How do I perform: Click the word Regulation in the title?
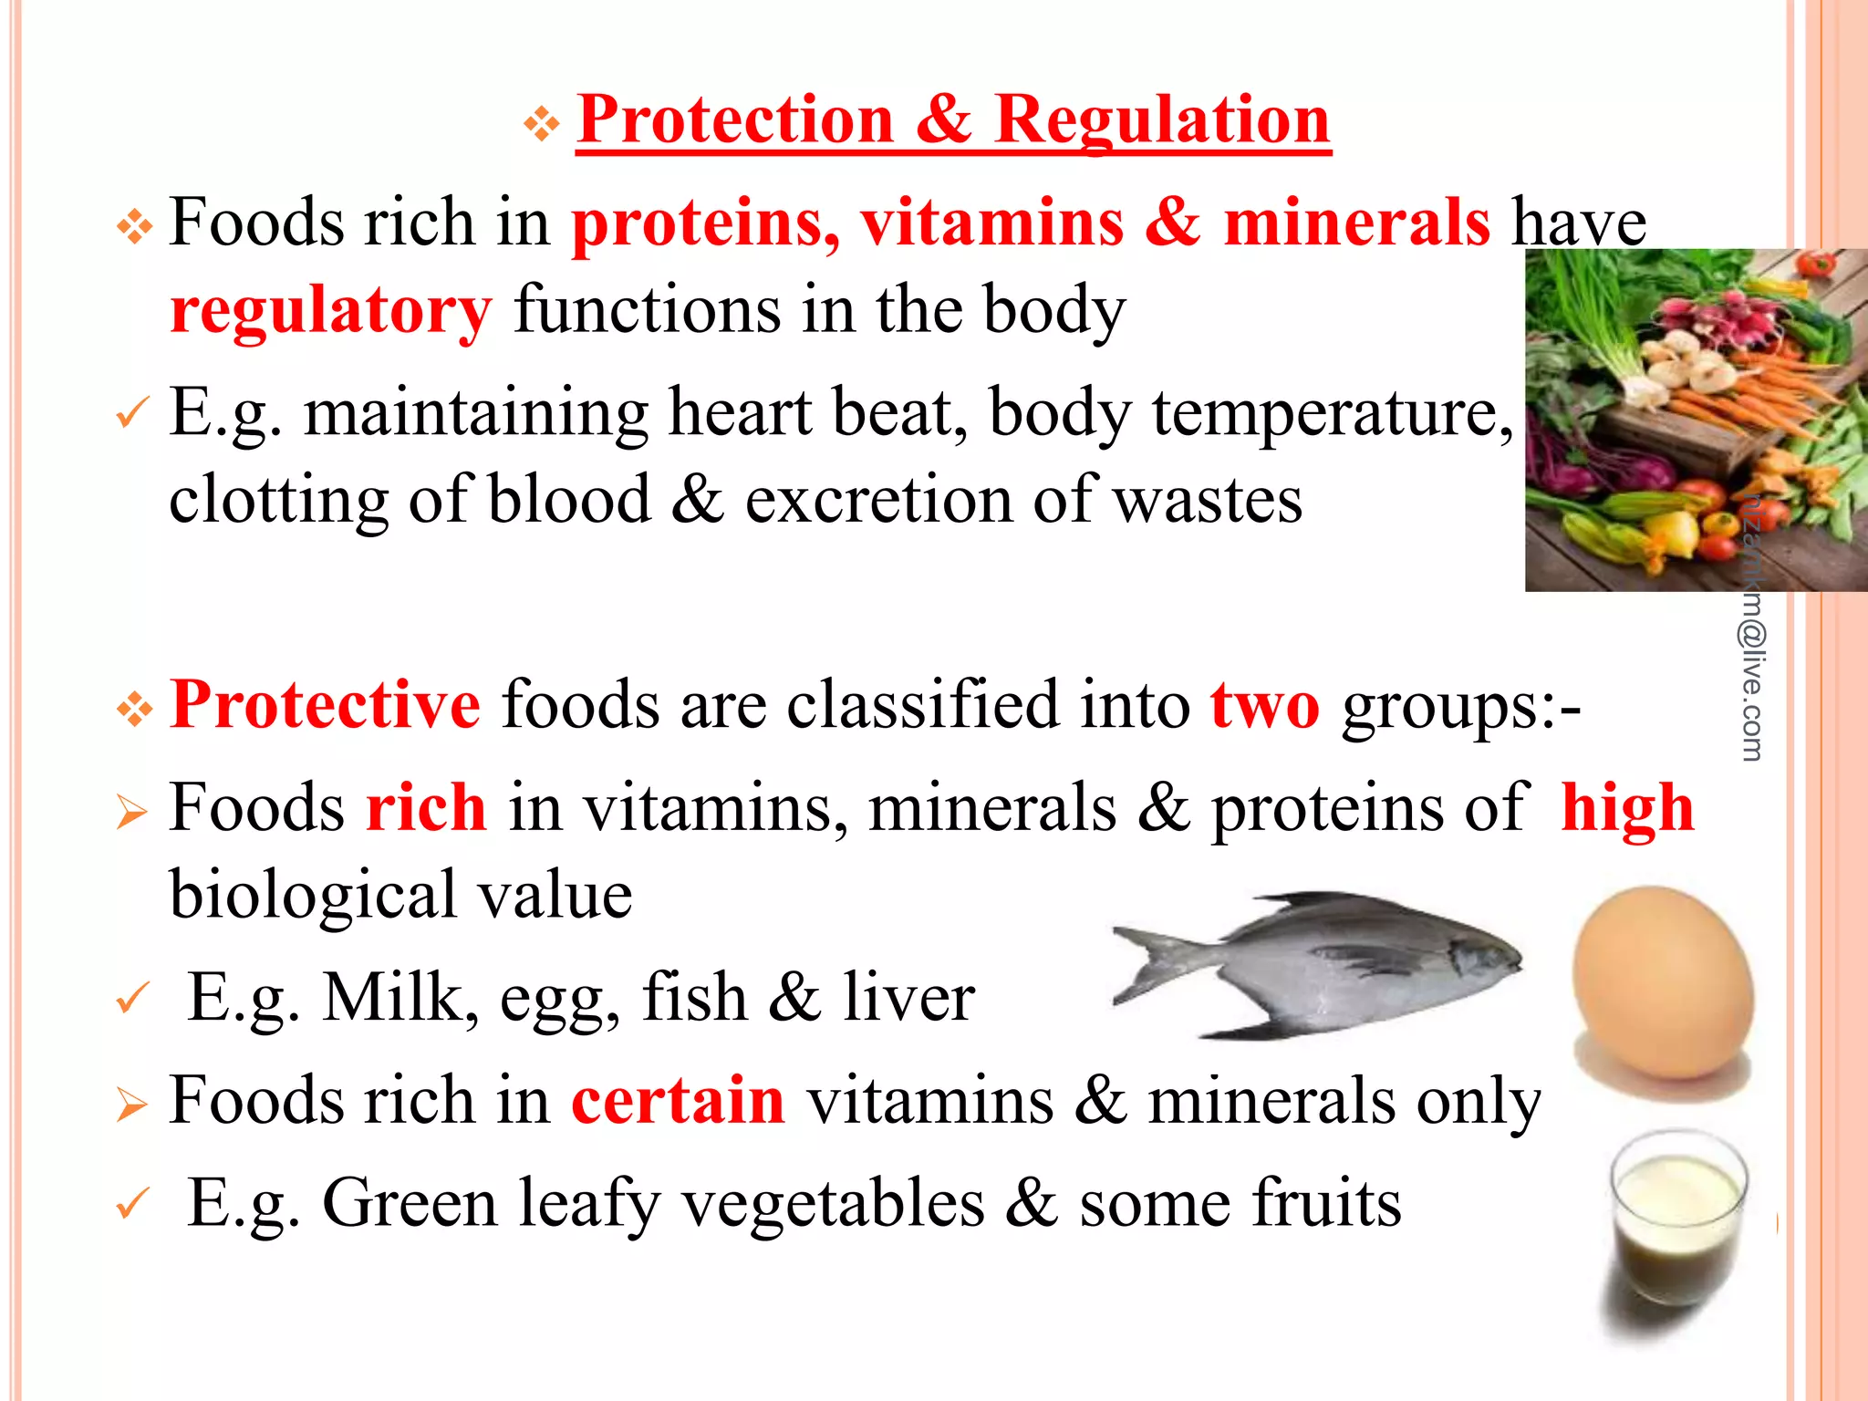[1162, 120]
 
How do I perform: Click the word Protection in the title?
[735, 120]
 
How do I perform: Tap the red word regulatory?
[331, 310]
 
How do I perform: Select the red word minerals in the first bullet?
[1356, 223]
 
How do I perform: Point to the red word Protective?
[325, 705]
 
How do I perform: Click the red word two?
[1264, 705]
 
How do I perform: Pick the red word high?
[1627, 809]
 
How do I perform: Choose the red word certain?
[678, 1100]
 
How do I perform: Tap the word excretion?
[878, 501]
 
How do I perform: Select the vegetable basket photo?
[1695, 420]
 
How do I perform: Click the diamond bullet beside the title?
[542, 123]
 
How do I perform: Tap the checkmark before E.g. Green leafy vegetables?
[132, 1204]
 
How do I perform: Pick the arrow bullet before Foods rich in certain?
[132, 1105]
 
